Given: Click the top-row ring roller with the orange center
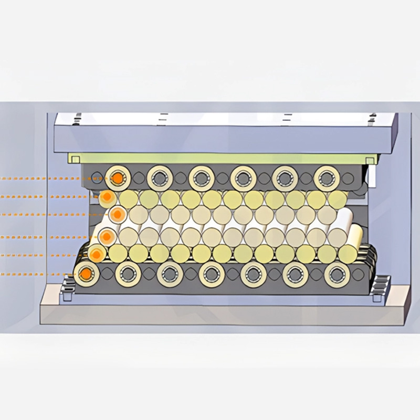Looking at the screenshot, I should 117,178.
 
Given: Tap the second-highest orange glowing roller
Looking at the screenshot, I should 108,197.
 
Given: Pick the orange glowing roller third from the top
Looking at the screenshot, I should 118,214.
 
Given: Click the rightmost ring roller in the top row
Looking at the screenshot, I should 327,178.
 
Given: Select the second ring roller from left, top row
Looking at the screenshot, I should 159,178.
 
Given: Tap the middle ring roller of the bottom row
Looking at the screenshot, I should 211,273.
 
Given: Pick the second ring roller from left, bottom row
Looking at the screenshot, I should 127,273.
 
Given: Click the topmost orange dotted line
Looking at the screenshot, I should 52,178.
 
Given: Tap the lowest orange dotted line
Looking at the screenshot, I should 37,274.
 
